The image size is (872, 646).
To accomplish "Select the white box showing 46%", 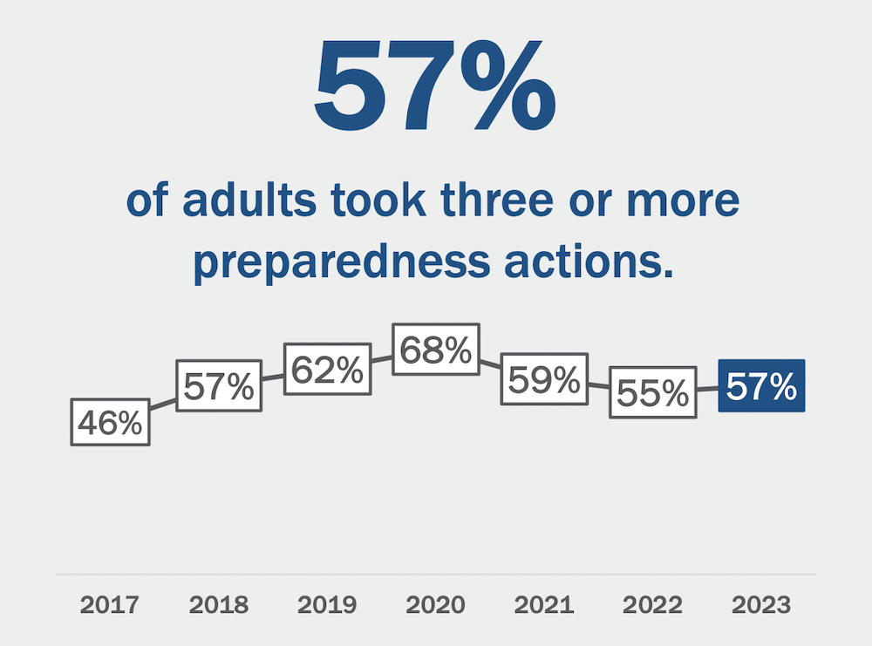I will tap(111, 422).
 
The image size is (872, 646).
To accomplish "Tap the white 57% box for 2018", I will tap(219, 385).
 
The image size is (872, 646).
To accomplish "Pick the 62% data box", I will tap(327, 370).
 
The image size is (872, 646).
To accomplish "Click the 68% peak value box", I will tap(435, 350).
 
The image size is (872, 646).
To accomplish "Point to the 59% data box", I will tap(544, 379).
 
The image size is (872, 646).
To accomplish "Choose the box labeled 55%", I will tap(653, 393).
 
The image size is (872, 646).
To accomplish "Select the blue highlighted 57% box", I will tap(761, 385).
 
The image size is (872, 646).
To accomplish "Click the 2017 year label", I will tap(111, 604).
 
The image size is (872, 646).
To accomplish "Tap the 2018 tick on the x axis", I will tap(219, 604).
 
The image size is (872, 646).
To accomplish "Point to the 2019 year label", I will tap(327, 604).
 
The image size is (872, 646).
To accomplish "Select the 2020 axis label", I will tap(435, 604).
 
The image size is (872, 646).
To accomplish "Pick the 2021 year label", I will tap(544, 604).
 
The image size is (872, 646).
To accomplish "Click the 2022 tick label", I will tap(653, 604).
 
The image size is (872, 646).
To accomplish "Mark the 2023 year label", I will tap(761, 604).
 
